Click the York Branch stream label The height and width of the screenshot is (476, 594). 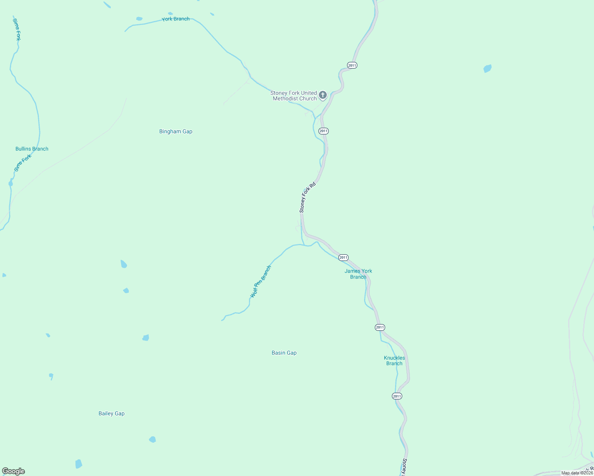click(175, 19)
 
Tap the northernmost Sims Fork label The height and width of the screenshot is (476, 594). click(16, 29)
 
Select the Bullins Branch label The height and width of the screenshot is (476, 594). click(32, 149)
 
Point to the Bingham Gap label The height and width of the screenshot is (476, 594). click(175, 131)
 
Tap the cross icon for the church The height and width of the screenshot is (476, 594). click(323, 95)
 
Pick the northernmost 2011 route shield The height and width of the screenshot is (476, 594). click(352, 65)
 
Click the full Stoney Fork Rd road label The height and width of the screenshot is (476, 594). click(307, 197)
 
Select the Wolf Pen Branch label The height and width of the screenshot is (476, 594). click(260, 282)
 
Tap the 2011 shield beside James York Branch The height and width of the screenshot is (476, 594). click(343, 257)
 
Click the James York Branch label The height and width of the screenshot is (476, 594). click(358, 274)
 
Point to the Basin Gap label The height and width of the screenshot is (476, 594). click(284, 353)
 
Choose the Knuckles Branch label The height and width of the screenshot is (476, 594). click(394, 361)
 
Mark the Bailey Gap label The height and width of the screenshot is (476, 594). click(112, 413)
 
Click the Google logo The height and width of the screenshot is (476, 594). click(13, 471)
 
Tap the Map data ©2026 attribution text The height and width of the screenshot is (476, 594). click(577, 473)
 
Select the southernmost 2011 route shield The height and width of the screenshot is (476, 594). click(397, 396)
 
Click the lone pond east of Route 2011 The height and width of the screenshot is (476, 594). click(488, 68)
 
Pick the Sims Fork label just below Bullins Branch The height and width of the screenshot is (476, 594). click(23, 163)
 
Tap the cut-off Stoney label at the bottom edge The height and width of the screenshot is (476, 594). click(404, 467)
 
